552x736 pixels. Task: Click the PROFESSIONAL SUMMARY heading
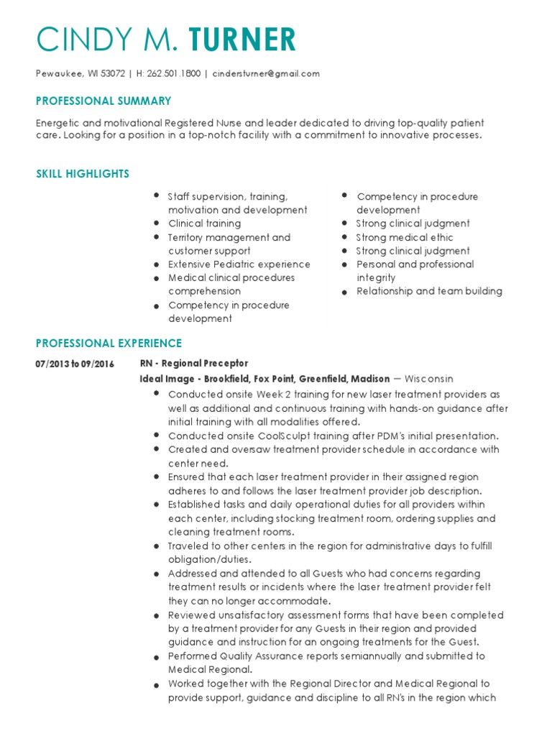tap(103, 101)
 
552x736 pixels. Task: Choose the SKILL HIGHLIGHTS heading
tap(83, 174)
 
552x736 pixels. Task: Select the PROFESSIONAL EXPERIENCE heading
tap(109, 344)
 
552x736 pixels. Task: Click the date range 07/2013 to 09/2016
tap(75, 364)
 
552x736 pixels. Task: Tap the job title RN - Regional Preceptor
tap(193, 364)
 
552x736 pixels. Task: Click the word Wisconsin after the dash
tap(429, 379)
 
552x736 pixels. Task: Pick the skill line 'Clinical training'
tap(204, 224)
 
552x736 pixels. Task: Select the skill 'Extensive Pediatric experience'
tap(239, 264)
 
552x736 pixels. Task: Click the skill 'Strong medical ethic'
tap(405, 237)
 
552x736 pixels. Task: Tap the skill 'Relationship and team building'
tap(429, 291)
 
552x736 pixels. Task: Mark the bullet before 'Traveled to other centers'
tap(157, 547)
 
